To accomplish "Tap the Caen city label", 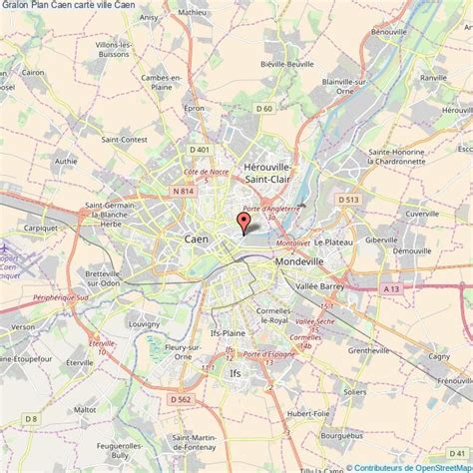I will [x=196, y=239].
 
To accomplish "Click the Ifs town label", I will [x=236, y=373].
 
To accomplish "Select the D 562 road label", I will [x=180, y=400].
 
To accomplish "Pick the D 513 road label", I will [x=348, y=199].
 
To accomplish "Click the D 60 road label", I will [x=263, y=108].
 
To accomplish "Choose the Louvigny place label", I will [x=143, y=324].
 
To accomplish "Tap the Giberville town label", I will [x=381, y=239].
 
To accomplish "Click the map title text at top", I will [x=70, y=6].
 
